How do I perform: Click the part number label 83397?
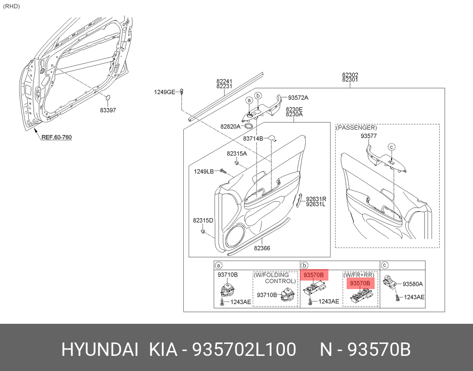108,110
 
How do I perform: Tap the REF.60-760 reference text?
57,137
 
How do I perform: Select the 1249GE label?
164,92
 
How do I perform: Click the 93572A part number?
298,98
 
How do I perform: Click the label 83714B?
253,139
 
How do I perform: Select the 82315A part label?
237,154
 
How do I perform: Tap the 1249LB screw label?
204,172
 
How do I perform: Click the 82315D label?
203,220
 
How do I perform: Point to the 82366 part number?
262,249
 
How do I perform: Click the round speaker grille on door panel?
235,236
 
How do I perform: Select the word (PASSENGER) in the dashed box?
356,128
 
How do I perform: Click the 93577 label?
368,136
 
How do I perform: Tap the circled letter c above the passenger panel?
391,147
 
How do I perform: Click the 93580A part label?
412,284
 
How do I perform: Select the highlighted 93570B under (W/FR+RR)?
360,283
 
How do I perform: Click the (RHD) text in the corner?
12,6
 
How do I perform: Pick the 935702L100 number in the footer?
244,350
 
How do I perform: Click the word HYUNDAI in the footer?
100,350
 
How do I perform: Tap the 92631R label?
316,199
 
